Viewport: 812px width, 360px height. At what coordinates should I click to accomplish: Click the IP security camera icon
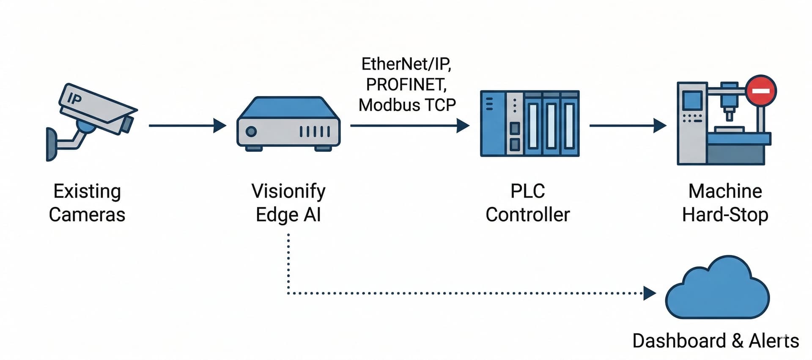pos(95,112)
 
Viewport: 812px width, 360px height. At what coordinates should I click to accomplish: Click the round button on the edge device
pos(251,131)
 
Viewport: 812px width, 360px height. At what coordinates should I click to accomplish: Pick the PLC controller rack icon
pos(529,124)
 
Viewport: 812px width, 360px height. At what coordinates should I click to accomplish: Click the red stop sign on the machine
pos(761,91)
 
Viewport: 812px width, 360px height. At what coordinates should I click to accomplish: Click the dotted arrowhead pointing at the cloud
pos(649,293)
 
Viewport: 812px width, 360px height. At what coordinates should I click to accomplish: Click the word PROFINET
pos(406,85)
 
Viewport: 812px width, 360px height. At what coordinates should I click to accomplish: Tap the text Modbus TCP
pos(407,105)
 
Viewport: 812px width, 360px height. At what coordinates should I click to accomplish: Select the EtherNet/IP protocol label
pos(406,64)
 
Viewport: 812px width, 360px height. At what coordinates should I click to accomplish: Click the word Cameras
pos(87,214)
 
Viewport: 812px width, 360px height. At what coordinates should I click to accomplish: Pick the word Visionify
pos(288,191)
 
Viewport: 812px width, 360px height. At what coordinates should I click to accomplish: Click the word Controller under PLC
pos(527,214)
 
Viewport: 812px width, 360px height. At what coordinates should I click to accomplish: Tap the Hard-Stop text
pos(725,214)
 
